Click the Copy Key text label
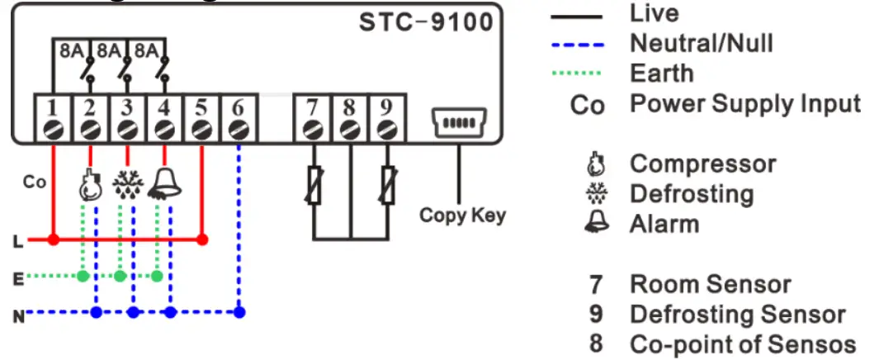click(x=462, y=216)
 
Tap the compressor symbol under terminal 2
click(x=89, y=186)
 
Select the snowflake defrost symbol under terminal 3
click(x=127, y=186)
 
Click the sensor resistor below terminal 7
click(x=313, y=186)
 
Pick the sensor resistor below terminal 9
click(x=387, y=186)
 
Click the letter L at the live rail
click(x=17, y=242)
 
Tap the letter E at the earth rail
click(x=17, y=278)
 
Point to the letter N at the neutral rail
click(x=17, y=315)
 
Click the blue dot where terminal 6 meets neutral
click(x=239, y=312)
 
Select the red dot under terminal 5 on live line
click(x=201, y=240)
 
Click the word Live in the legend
click(x=654, y=13)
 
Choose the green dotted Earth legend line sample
click(x=578, y=73)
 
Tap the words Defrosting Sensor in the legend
click(x=737, y=315)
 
